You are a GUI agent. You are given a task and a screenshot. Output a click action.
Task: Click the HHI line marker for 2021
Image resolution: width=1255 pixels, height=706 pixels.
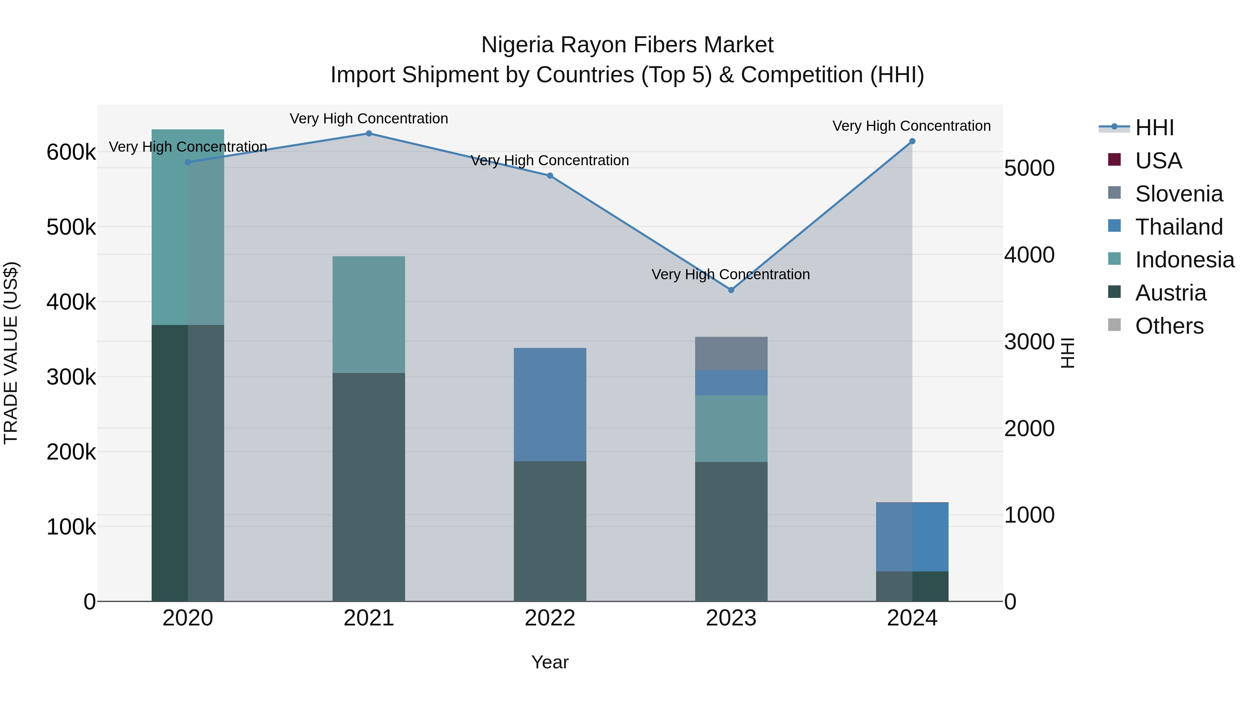point(369,134)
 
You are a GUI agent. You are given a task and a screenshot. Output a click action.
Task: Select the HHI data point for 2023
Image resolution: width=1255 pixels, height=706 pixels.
point(731,290)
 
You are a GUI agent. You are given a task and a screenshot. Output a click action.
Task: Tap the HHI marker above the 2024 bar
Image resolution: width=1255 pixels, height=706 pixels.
point(912,141)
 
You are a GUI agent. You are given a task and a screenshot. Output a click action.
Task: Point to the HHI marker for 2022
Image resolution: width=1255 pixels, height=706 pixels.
point(550,175)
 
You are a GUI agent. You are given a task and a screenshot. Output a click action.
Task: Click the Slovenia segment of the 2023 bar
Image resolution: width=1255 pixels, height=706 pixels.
point(731,353)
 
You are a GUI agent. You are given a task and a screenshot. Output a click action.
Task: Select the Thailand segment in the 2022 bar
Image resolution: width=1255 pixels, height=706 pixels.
point(550,404)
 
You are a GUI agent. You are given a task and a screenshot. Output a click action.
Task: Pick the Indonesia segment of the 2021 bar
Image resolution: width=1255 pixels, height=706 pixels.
point(369,314)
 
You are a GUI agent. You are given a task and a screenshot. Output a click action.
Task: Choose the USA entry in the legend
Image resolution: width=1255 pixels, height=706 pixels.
point(1158,161)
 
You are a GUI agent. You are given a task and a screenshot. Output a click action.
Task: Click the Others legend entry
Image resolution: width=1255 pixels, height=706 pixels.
point(1169,326)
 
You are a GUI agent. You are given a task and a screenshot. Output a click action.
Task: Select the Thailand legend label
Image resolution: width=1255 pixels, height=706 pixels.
point(1179,227)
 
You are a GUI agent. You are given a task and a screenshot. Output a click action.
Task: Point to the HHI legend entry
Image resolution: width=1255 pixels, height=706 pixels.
point(1154,128)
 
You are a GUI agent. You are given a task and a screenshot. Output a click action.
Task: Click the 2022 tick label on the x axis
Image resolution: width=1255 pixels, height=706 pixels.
point(550,618)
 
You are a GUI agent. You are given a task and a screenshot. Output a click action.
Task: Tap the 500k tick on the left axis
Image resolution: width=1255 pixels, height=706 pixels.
point(71,227)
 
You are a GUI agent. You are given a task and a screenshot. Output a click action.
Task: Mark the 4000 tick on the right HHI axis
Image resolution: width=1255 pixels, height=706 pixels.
point(1029,255)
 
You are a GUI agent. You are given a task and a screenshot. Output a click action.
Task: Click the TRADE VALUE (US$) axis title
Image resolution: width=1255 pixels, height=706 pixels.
point(11,353)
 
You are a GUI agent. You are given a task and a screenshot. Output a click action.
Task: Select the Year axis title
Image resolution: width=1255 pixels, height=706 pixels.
point(550,662)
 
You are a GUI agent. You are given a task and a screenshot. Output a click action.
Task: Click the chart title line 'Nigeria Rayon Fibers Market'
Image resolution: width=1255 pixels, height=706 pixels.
point(627,45)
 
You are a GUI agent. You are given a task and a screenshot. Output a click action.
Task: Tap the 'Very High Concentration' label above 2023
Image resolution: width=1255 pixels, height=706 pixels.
point(731,274)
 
